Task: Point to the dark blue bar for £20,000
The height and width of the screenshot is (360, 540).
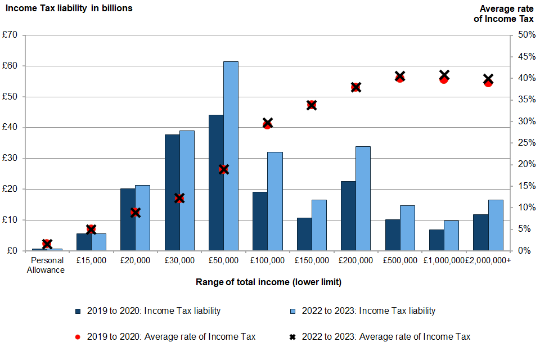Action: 128,219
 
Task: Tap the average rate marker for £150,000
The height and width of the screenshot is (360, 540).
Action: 312,105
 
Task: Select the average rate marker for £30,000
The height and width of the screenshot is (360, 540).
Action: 179,198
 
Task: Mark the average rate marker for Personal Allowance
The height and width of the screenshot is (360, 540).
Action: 47,244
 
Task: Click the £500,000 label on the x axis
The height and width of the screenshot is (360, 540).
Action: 400,260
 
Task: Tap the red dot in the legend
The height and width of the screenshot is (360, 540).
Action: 78,337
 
